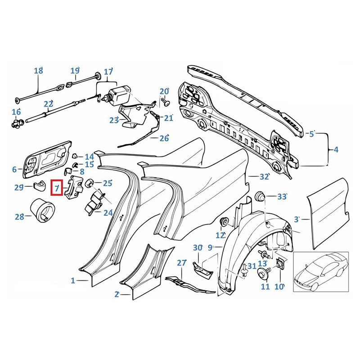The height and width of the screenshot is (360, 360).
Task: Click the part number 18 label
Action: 38,71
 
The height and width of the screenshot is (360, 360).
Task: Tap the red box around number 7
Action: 57,188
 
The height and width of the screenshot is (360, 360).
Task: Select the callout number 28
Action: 19,217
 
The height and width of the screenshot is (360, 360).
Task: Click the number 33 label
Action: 282,197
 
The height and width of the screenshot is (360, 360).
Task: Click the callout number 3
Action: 297,219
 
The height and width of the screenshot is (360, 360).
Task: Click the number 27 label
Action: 181,263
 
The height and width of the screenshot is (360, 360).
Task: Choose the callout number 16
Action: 16,112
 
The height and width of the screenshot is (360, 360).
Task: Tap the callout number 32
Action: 264,176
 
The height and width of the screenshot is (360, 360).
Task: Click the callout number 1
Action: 73,281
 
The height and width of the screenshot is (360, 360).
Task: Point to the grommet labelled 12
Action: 224,221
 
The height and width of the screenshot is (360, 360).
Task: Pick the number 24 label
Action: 108,212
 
